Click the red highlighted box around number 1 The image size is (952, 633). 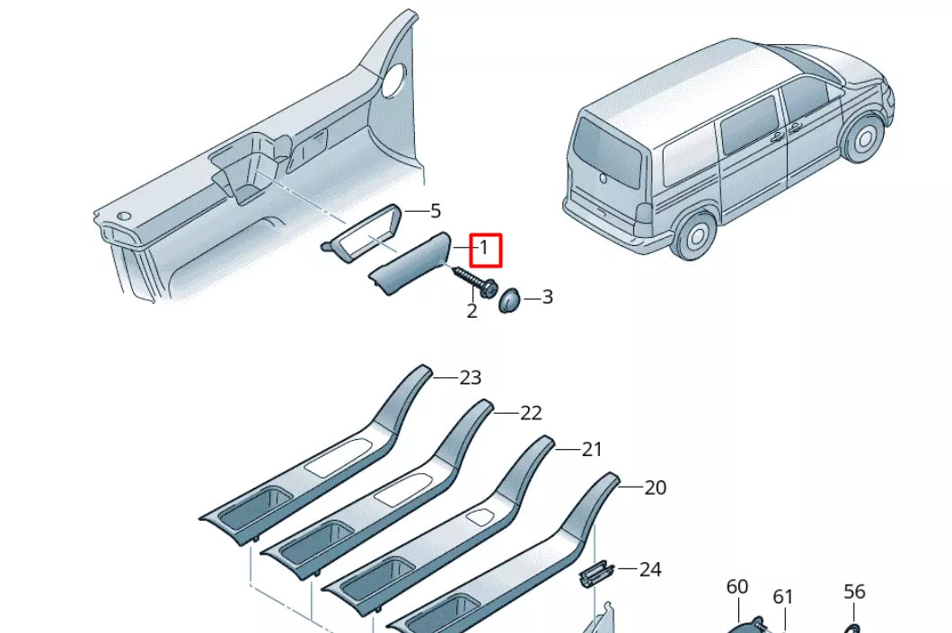[484, 249]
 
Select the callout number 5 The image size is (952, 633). [436, 211]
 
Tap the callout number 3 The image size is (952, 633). [547, 297]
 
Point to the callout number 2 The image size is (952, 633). [472, 312]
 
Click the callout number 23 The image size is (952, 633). [471, 378]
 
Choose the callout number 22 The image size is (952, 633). [532, 413]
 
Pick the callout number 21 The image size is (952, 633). [591, 450]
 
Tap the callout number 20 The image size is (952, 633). [656, 488]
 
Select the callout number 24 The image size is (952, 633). [650, 569]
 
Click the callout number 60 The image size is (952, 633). [736, 587]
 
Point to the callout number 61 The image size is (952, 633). [784, 597]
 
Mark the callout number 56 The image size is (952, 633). [854, 592]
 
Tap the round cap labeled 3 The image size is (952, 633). [510, 298]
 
